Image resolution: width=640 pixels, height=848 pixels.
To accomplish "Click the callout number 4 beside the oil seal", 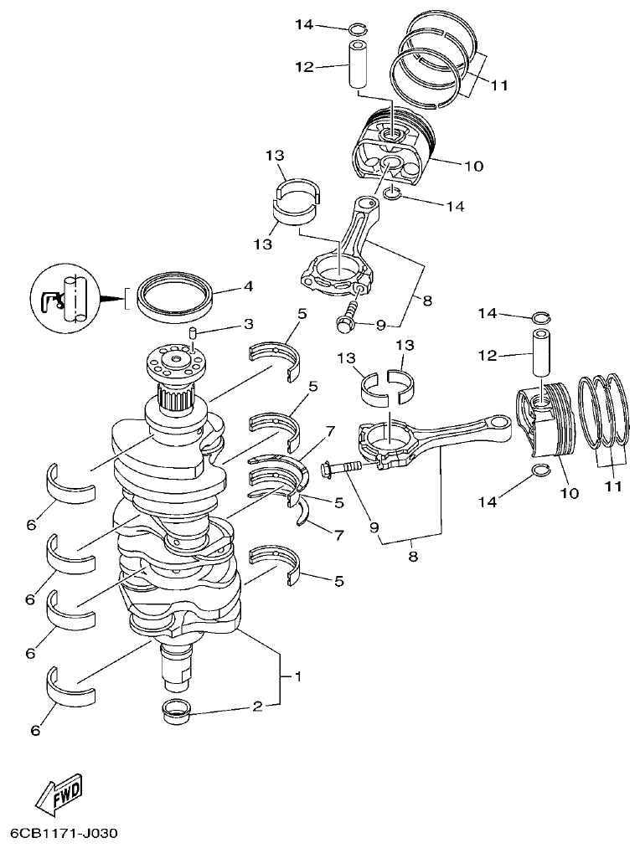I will click(248, 286).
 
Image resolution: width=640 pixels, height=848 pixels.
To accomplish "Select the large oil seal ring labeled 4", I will click(177, 298).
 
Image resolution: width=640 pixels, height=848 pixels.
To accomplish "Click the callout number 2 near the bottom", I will click(258, 707).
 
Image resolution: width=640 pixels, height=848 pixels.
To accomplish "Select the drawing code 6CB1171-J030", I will click(64, 834).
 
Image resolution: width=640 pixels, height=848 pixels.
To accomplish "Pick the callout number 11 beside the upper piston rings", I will click(499, 85).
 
